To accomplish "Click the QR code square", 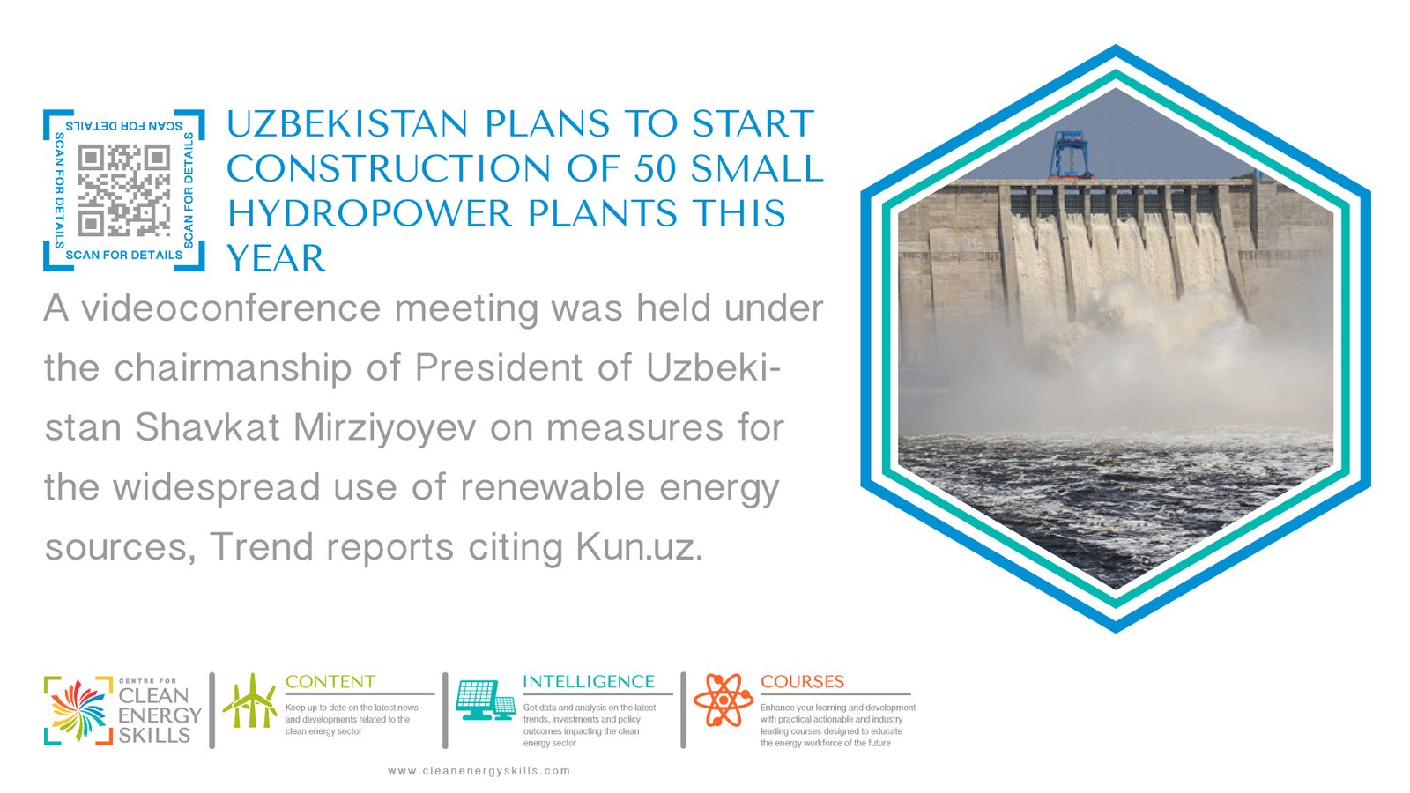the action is pyautogui.click(x=124, y=190).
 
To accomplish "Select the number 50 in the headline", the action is pyautogui.click(x=656, y=168).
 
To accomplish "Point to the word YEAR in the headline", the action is pyautogui.click(x=276, y=258).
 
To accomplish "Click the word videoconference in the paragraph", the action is pyautogui.click(x=231, y=308).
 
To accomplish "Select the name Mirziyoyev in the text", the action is pyautogui.click(x=384, y=428).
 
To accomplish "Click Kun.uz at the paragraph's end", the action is pyautogui.click(x=639, y=547).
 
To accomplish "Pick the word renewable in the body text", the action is pyautogui.click(x=553, y=487).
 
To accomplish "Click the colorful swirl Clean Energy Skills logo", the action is pyautogui.click(x=78, y=710).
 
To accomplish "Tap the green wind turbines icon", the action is pyautogui.click(x=250, y=700).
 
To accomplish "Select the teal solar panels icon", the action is pyautogui.click(x=486, y=700).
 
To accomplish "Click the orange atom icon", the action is pyautogui.click(x=724, y=700).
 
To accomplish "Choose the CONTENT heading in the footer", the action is pyautogui.click(x=330, y=682).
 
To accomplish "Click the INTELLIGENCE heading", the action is pyautogui.click(x=589, y=682).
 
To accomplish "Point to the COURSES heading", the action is pyautogui.click(x=803, y=682).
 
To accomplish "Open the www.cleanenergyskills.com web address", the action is pyautogui.click(x=479, y=771).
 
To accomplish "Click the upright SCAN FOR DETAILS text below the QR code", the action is pyautogui.click(x=124, y=255).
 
